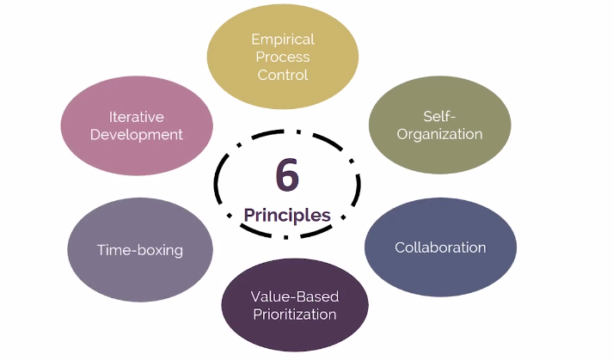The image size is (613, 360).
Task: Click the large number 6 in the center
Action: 287,175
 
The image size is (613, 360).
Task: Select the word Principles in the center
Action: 287,215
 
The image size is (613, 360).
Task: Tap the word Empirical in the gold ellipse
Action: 283,40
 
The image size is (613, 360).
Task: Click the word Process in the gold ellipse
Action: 283,57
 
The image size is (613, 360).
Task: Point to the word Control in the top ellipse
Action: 283,75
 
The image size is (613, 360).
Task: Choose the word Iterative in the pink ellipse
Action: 136,117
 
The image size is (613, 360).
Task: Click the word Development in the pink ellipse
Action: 136,135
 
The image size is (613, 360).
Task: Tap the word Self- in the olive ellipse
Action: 439,116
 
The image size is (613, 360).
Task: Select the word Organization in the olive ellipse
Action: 439,134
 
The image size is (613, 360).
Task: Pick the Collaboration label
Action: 440,247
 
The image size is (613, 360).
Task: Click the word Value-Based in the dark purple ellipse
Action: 295,296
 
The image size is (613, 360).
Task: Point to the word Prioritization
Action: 295,314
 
